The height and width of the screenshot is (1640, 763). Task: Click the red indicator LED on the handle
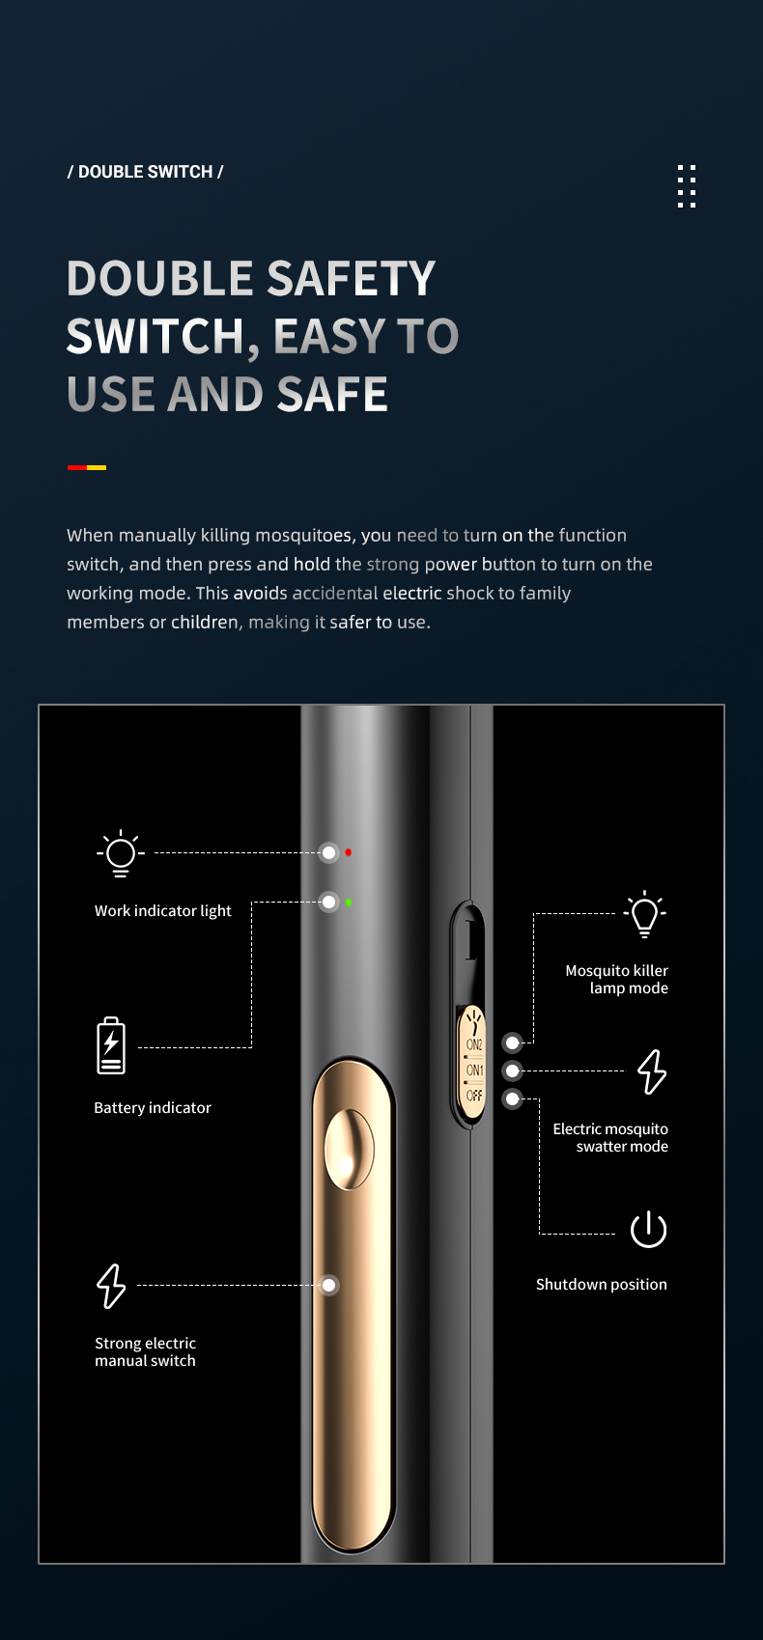tap(348, 852)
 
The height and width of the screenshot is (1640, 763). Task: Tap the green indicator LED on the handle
tap(348, 903)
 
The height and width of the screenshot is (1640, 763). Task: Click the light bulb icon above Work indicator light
tap(121, 853)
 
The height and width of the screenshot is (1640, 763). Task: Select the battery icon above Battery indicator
tap(111, 1045)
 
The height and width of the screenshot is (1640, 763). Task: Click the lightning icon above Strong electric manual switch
tap(111, 1286)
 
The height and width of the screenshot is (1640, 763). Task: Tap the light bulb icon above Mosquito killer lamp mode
tap(644, 914)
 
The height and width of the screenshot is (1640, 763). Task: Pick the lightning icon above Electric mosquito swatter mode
tap(652, 1071)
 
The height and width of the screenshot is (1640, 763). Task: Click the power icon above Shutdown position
tap(648, 1229)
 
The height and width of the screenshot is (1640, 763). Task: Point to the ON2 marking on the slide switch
tap(474, 1044)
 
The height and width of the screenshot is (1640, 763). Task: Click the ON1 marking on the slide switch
tap(474, 1070)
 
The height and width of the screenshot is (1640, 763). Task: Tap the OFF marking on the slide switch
tap(474, 1096)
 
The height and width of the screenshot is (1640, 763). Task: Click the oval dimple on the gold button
tap(349, 1149)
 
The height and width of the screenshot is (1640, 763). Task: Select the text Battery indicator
tap(153, 1108)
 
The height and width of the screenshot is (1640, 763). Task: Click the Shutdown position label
tap(601, 1285)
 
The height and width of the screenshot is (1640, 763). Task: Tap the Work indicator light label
tap(162, 911)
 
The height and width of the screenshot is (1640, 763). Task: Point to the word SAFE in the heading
tap(332, 395)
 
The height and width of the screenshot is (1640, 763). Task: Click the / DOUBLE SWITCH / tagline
tap(145, 172)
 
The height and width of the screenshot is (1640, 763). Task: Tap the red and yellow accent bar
tap(87, 467)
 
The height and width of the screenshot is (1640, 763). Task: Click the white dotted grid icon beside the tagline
tap(687, 185)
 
